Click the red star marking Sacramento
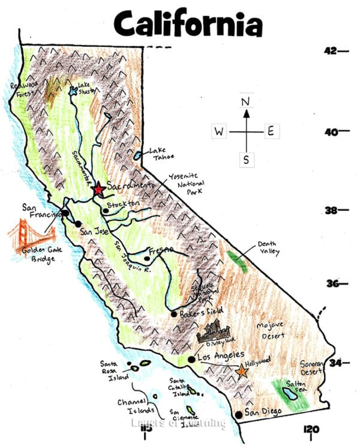[x=99, y=189]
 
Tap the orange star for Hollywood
[x=242, y=372]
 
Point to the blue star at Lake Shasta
[x=73, y=91]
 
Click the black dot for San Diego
[x=239, y=414]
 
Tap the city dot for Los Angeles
[x=191, y=359]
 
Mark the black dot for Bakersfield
[x=173, y=313]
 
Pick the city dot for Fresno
[x=146, y=259]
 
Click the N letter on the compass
[x=245, y=101]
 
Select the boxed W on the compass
[x=219, y=132]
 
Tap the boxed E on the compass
[x=270, y=132]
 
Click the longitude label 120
[x=312, y=428]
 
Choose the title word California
[x=188, y=24]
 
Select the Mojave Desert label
[x=271, y=331]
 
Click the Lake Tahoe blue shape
[x=139, y=156]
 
